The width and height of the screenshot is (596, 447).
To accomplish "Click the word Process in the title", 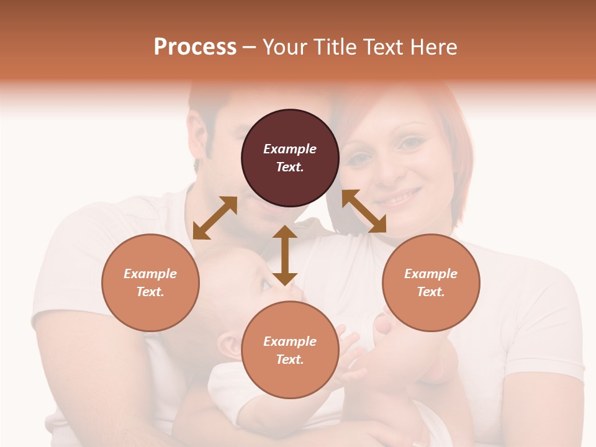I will [195, 47].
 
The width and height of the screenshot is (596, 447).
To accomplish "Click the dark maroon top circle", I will [290, 158].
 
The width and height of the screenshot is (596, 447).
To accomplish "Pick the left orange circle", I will [150, 282].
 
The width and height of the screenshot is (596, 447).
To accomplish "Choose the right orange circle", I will [431, 282].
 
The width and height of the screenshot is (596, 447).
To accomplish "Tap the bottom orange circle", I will [290, 350].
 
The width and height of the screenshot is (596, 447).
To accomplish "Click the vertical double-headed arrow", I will [285, 255].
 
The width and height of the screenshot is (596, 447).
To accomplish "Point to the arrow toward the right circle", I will [364, 211].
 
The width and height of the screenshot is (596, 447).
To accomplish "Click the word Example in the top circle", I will [290, 149].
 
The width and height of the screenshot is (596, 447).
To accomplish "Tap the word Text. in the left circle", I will [150, 292].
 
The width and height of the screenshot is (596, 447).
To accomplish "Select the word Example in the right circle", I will [431, 274].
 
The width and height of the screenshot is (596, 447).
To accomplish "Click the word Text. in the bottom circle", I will [290, 359].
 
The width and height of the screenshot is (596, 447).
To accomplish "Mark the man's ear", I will [197, 165].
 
